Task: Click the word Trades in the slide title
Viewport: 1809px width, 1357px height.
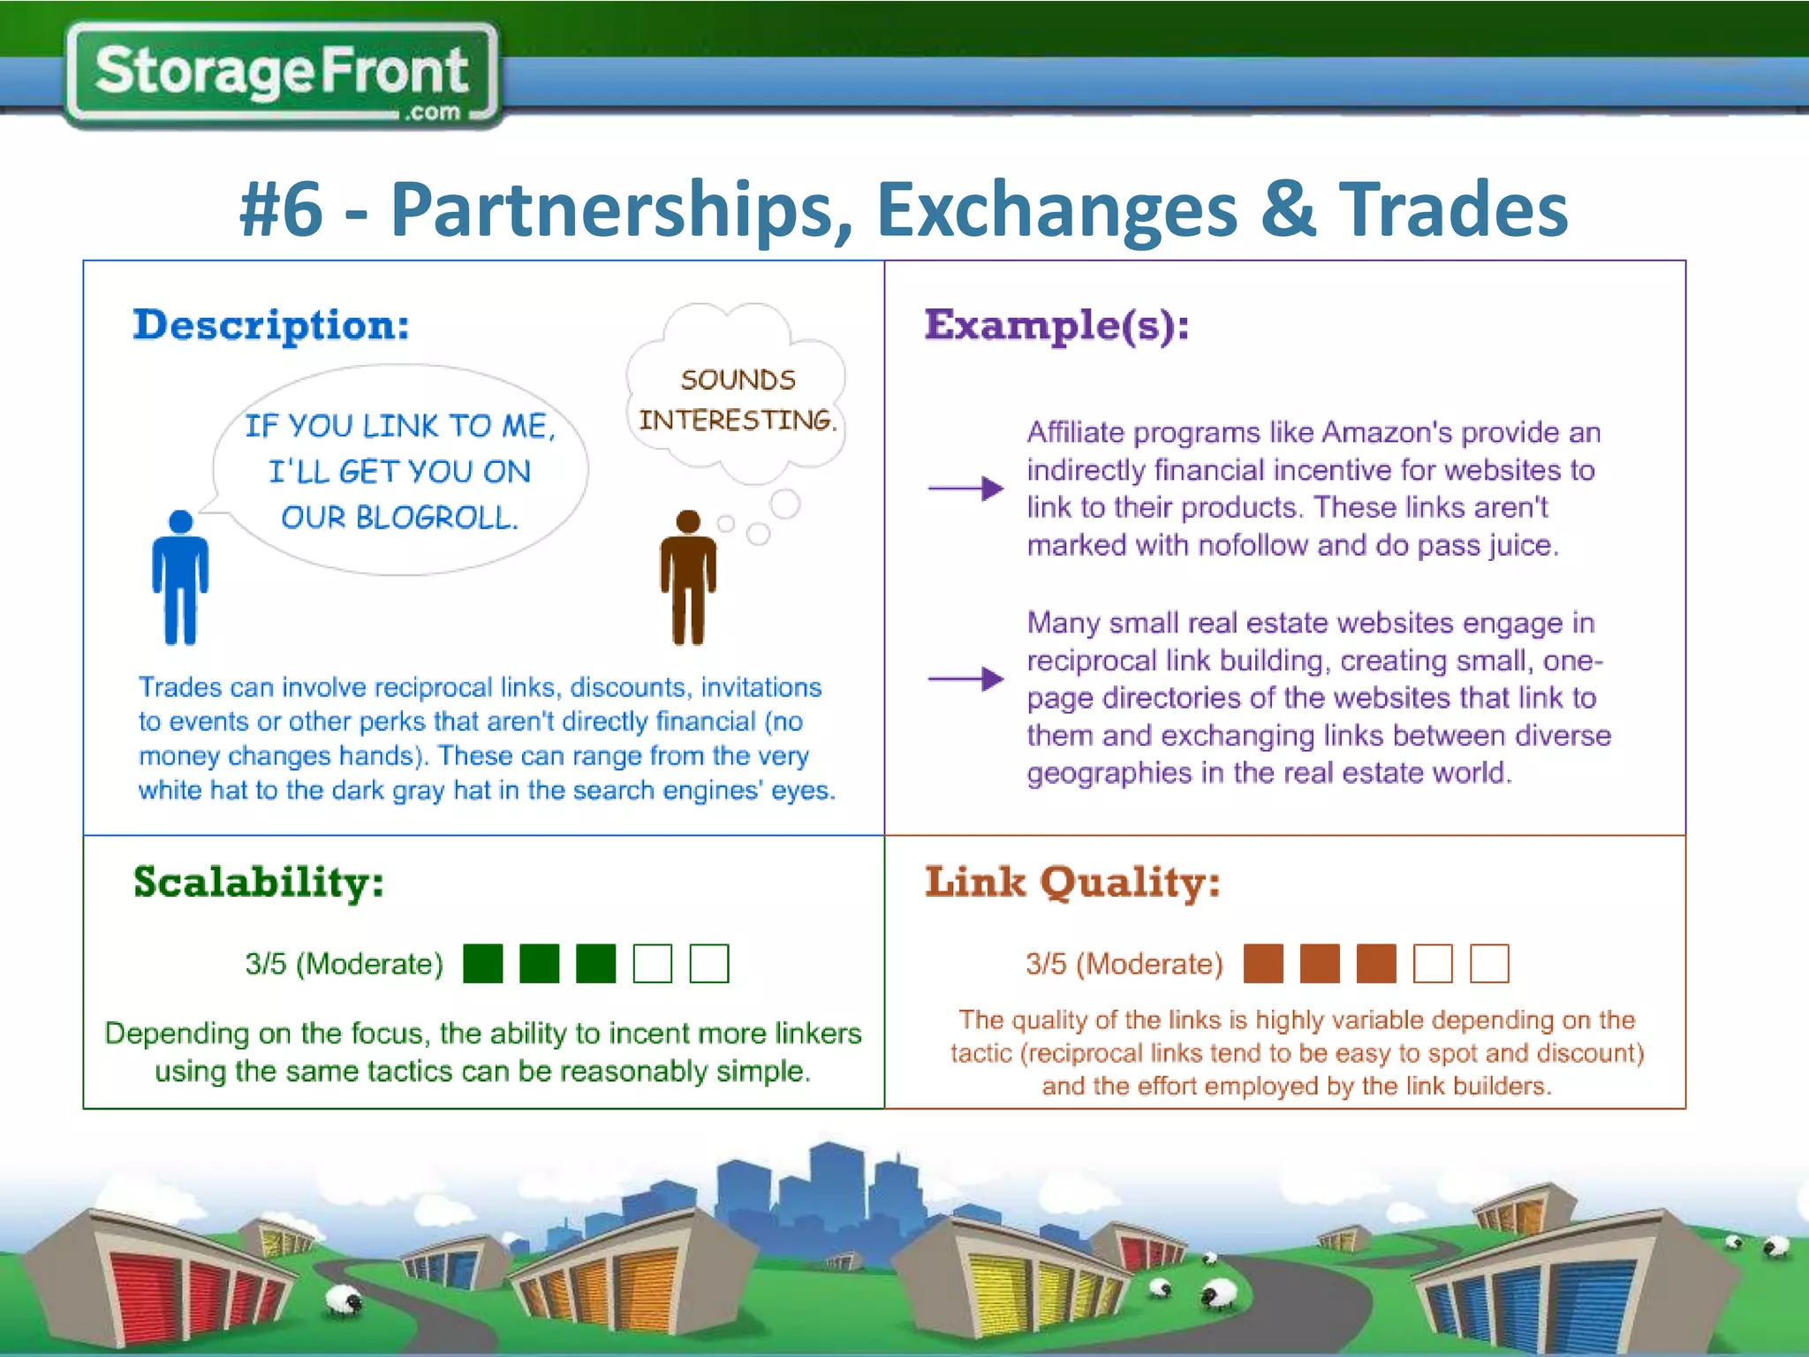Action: [1453, 209]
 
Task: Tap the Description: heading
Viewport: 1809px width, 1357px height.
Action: [271, 326]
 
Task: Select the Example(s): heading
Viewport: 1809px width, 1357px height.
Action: [1056, 326]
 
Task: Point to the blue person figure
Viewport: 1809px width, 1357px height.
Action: [180, 579]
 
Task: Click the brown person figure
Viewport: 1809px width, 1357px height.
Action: [688, 579]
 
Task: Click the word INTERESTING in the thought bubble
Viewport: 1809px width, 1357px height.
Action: [736, 420]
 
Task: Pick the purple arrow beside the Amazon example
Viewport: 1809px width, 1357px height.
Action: [965, 488]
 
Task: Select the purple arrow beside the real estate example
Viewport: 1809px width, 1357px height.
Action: [965, 678]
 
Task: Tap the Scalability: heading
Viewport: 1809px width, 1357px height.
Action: [259, 883]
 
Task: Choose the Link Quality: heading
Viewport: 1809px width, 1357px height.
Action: [1072, 883]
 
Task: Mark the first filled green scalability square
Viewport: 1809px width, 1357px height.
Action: [483, 963]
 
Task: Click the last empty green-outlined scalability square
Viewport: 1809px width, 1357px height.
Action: [708, 963]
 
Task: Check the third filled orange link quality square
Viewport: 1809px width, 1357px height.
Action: [1376, 963]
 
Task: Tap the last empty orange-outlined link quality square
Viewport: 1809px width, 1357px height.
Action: [1489, 963]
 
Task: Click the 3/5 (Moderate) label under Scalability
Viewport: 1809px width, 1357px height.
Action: [344, 964]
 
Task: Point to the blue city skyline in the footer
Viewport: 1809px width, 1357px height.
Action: [821, 1184]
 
